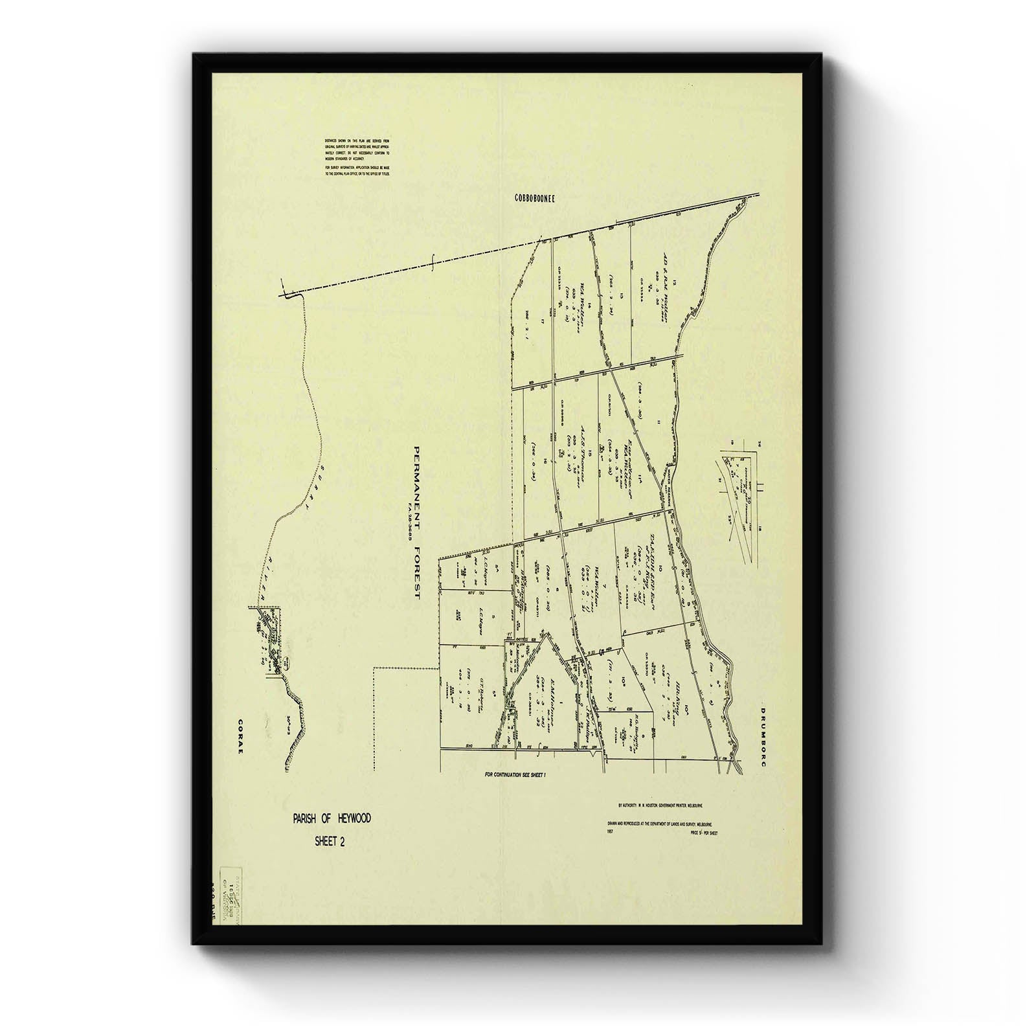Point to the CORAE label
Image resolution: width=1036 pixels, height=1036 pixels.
pyautogui.click(x=240, y=736)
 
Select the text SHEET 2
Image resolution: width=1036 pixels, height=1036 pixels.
pyautogui.click(x=330, y=841)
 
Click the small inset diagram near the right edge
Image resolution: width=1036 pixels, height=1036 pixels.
pyautogui.click(x=738, y=505)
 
